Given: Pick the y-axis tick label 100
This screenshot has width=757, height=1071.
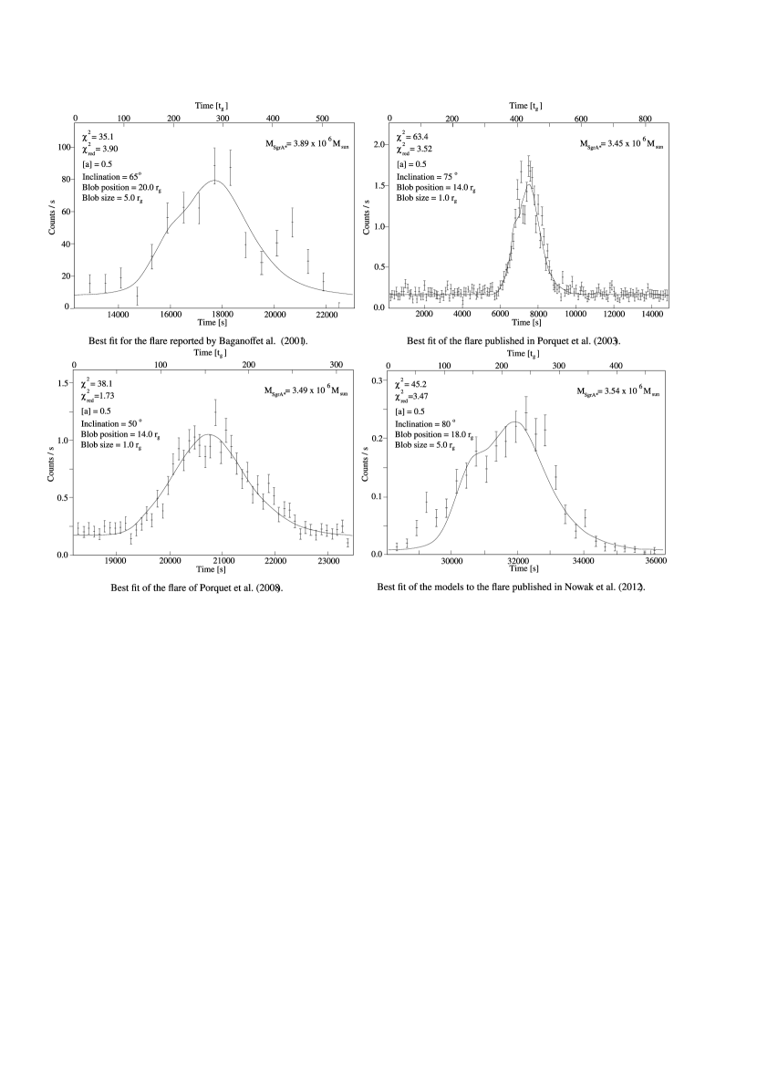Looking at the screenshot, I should (x=64, y=147).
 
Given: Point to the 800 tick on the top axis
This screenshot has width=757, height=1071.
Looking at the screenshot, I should (x=644, y=120).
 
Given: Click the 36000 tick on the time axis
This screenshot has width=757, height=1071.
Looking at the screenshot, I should (x=654, y=563).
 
